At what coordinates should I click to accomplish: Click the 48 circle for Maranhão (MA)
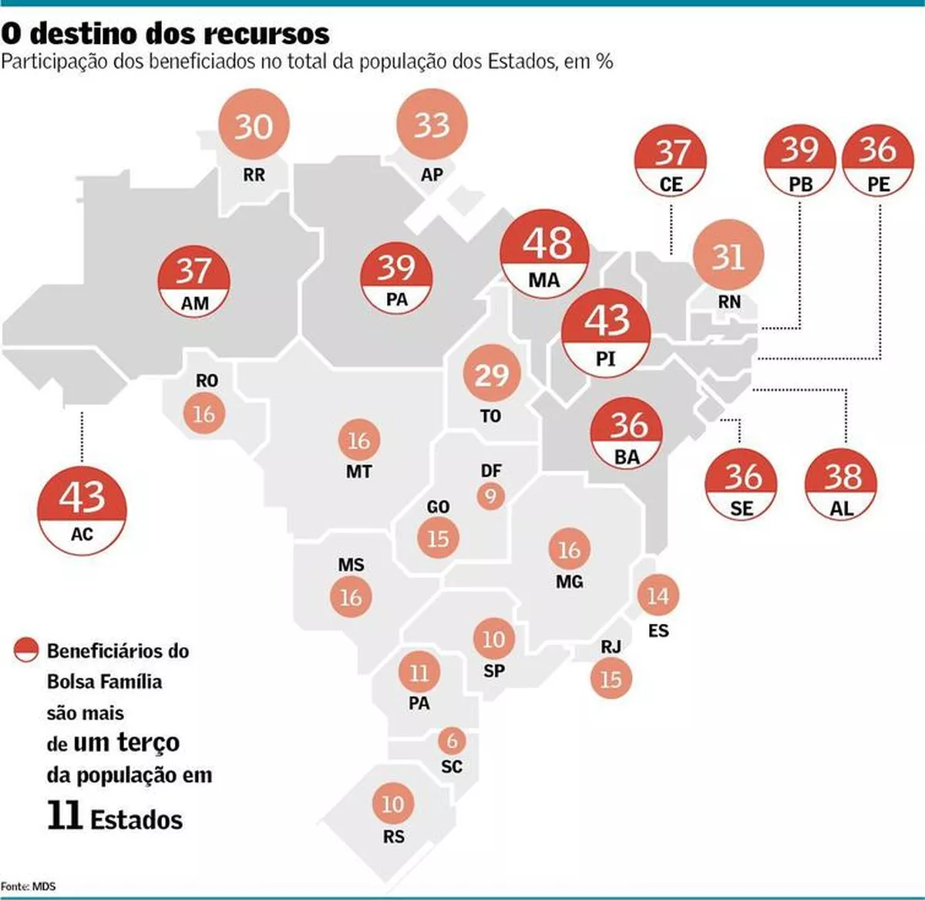(x=545, y=254)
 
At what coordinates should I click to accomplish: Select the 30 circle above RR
(x=254, y=125)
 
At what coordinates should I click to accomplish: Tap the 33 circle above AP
(x=432, y=125)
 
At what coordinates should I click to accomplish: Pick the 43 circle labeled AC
(x=82, y=510)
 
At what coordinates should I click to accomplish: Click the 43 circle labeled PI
(x=606, y=333)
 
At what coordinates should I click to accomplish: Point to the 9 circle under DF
(x=490, y=497)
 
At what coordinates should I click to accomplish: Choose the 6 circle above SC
(x=452, y=740)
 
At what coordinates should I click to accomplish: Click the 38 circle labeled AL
(x=841, y=484)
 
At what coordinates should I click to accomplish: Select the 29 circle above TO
(x=492, y=373)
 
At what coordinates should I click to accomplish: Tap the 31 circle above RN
(x=728, y=255)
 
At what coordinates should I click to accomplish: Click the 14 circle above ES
(x=658, y=595)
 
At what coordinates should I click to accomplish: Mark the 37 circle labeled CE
(x=671, y=160)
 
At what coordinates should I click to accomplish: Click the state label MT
(x=359, y=471)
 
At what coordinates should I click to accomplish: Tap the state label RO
(x=207, y=380)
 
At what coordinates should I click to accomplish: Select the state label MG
(x=570, y=581)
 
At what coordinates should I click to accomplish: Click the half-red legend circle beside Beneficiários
(x=26, y=650)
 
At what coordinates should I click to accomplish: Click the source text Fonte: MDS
(x=28, y=886)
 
